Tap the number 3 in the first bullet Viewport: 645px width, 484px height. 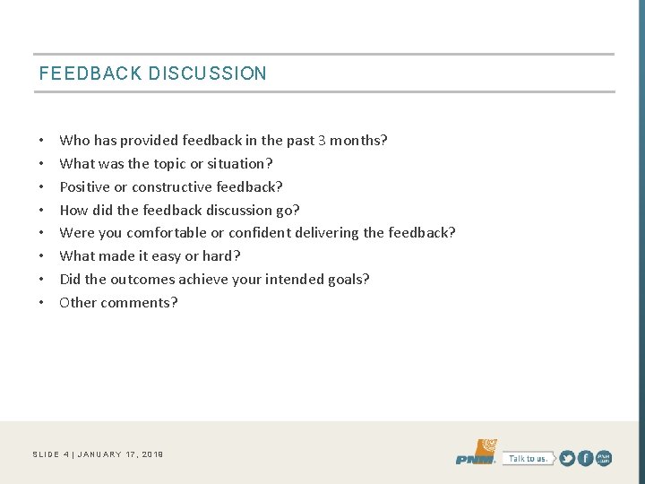tap(322, 141)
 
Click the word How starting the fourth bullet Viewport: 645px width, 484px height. tap(73, 211)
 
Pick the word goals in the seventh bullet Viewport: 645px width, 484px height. tap(348, 280)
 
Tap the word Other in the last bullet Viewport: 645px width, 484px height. tap(78, 303)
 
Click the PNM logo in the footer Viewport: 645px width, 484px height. tap(476, 454)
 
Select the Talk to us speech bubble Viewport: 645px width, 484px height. tap(528, 458)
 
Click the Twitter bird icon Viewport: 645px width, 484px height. tap(566, 458)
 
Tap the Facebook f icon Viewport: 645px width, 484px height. tap(585, 458)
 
